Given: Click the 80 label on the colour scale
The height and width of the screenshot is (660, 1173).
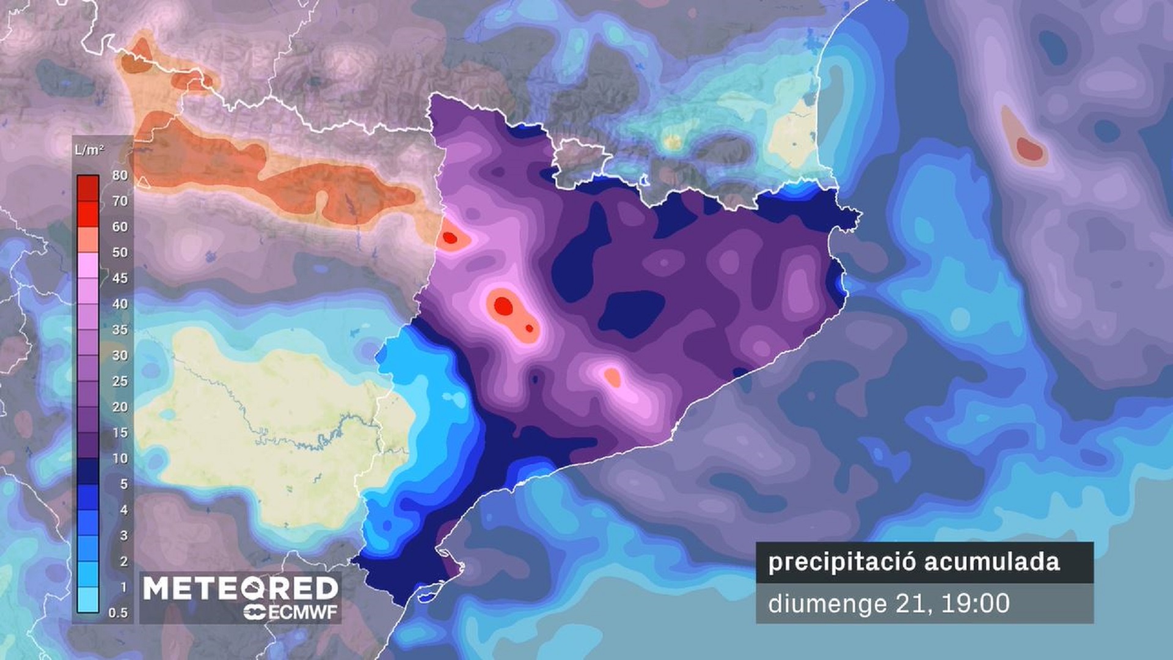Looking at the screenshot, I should [x=120, y=175].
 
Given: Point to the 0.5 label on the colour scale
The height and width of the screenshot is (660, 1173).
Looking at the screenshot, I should [x=118, y=613].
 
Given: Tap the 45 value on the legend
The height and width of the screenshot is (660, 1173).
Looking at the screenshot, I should [x=120, y=278].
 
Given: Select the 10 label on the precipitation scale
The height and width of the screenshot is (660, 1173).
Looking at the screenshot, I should [x=120, y=458].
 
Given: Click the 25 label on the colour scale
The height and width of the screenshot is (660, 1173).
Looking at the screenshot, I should [x=120, y=381].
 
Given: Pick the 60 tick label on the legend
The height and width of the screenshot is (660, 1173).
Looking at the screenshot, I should [x=120, y=227].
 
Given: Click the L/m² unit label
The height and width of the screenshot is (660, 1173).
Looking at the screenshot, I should [x=89, y=150].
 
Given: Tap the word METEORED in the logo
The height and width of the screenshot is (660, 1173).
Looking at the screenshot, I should [x=240, y=588].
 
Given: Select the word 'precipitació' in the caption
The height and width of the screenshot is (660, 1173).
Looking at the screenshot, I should [x=841, y=562].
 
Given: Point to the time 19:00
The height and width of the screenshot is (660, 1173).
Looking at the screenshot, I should [x=976, y=604].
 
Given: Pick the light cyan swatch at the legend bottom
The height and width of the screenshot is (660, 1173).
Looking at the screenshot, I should [x=88, y=599].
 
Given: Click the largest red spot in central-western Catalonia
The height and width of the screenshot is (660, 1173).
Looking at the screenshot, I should [x=503, y=306].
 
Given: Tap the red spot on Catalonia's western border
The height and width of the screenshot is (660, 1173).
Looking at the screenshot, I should [x=450, y=238].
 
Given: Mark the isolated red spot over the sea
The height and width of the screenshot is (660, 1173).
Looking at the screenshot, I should [x=1029, y=148].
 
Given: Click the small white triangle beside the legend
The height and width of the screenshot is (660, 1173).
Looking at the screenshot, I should [x=142, y=182].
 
